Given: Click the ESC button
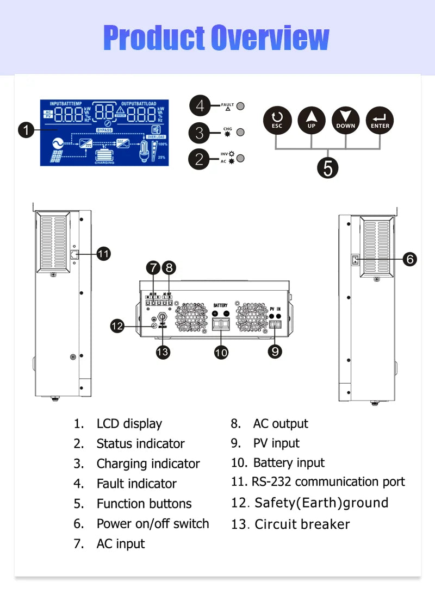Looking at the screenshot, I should (x=277, y=120).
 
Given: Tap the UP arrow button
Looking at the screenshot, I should (x=311, y=120).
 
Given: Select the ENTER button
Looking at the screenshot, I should (x=380, y=120).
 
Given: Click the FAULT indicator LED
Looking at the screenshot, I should (x=240, y=106).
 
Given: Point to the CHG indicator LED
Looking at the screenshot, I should (x=240, y=132).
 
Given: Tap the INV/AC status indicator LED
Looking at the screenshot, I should (x=240, y=158).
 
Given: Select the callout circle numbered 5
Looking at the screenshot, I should (x=328, y=167).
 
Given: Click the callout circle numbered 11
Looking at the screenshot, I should (x=103, y=253).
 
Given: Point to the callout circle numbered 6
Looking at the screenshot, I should (x=410, y=259).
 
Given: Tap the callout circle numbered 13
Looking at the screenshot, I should (x=163, y=352).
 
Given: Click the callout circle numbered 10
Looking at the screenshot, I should (x=221, y=352).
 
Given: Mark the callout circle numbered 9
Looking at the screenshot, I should (x=276, y=352).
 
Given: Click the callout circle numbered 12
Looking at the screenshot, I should (x=117, y=326).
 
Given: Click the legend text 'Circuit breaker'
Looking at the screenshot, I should (x=302, y=524).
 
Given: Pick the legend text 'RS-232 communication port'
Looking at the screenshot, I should (x=328, y=482).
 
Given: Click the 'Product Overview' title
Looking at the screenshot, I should (x=216, y=37).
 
